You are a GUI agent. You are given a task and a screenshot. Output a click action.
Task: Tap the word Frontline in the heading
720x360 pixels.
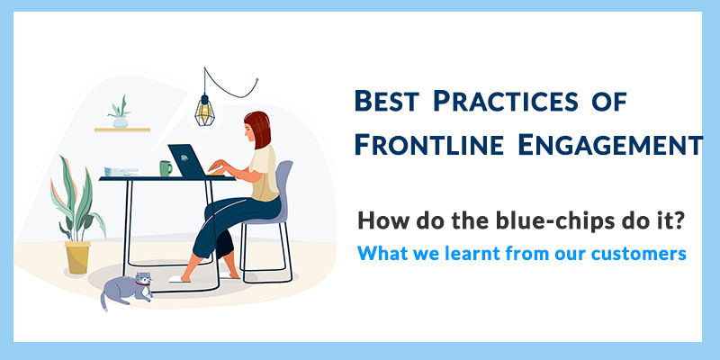pos(436,144)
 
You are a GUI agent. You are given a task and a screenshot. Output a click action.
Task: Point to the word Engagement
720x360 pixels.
pos(615,144)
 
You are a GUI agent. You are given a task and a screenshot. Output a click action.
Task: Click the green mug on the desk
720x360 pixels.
pos(166,168)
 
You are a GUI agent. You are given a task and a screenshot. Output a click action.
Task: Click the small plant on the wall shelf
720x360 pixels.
pos(119,112)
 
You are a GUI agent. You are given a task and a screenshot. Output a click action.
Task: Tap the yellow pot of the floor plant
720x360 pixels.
pos(77,256)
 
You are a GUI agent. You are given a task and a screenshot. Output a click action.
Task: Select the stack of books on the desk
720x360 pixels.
pos(116,171)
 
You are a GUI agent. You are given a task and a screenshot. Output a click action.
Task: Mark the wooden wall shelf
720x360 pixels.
pos(121,130)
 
